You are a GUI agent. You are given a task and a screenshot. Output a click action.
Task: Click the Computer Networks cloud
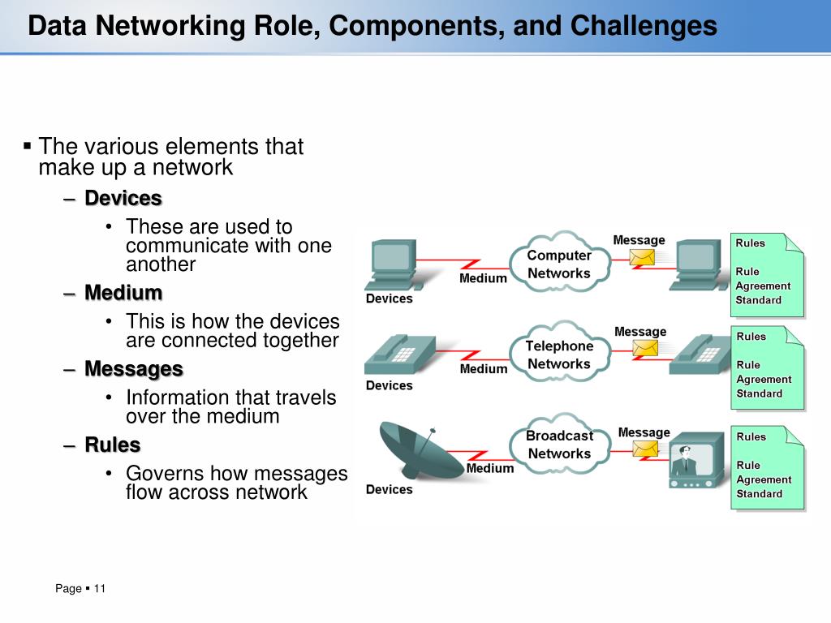click(559, 264)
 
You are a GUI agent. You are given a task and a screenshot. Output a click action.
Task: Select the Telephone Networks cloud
click(559, 354)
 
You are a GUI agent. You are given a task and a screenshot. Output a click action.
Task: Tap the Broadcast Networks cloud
click(559, 445)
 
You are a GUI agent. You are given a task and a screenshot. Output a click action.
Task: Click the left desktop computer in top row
click(390, 263)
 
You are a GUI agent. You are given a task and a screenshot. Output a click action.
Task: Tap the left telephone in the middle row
click(391, 354)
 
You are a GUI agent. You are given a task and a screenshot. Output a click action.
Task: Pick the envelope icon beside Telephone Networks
click(645, 348)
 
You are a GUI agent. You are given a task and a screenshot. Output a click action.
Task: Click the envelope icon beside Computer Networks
click(643, 257)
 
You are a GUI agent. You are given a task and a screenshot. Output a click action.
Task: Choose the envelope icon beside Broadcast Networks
click(646, 449)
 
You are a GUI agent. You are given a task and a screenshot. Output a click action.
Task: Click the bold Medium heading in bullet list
click(123, 293)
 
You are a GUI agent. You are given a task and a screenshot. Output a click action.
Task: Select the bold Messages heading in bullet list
click(134, 369)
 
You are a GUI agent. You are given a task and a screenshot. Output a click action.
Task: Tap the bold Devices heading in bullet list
click(123, 198)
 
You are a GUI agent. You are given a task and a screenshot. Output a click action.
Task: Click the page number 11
click(100, 588)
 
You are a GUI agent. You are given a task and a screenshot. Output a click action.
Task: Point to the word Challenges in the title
click(644, 26)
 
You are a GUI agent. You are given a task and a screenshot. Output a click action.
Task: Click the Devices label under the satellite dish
click(390, 489)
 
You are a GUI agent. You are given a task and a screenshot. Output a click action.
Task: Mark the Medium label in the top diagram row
click(483, 278)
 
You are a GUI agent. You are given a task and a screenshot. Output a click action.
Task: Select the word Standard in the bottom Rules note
click(759, 493)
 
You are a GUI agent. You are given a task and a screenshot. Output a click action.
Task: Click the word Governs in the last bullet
click(166, 473)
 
